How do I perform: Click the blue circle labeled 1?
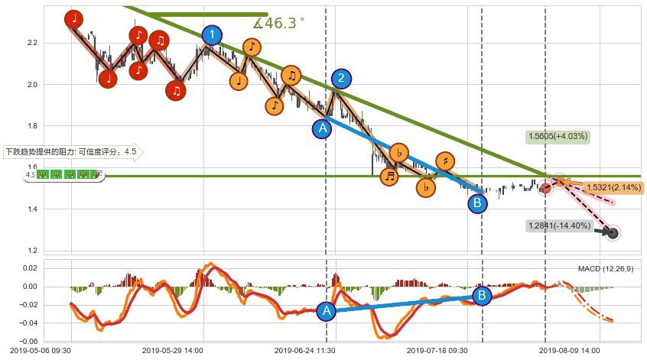(212, 35)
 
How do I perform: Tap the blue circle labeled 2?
(341, 78)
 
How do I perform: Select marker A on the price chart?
(323, 128)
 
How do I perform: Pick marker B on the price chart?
(476, 203)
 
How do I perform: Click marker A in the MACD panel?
(327, 310)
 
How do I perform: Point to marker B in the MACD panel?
(482, 296)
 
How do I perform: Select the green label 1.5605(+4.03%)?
(557, 137)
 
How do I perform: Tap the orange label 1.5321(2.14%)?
(614, 187)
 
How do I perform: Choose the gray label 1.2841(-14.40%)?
(558, 225)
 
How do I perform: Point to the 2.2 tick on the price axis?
(32, 43)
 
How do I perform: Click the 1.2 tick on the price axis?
(32, 251)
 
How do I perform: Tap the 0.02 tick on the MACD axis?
(29, 269)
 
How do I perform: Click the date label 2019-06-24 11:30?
(304, 351)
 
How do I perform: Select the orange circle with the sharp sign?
(444, 161)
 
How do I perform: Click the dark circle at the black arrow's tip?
(612, 232)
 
